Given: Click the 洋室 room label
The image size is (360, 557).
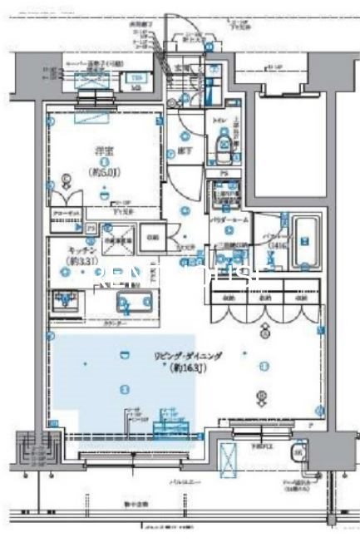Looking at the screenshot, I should coord(105,151).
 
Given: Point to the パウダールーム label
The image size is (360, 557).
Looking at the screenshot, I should coord(225,219).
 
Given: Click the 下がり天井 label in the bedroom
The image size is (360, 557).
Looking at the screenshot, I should coord(128,211).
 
